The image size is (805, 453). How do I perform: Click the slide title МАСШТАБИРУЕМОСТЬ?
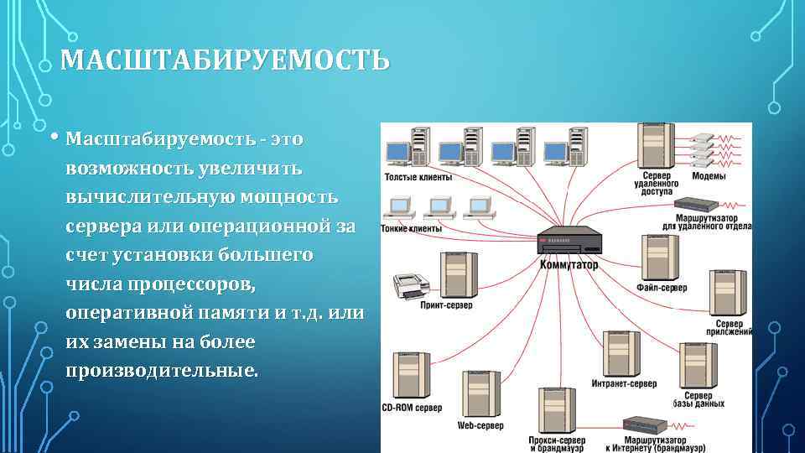[226, 61]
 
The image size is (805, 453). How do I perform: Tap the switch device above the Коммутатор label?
[569, 241]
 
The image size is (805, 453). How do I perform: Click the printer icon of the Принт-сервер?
[411, 284]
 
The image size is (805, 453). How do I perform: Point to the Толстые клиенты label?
[418, 177]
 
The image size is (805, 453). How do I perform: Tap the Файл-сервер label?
[662, 288]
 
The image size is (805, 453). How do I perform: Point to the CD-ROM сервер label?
[412, 408]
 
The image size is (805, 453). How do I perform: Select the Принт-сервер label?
[444, 305]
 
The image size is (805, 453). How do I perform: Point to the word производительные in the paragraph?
[161, 371]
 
